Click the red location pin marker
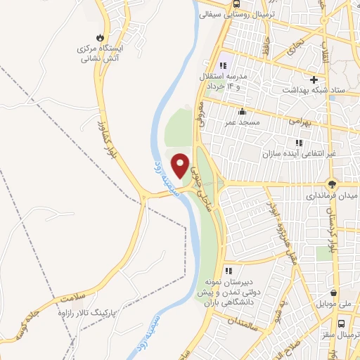[181, 165]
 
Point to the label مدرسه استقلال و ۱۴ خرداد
[227, 80]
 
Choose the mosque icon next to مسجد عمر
[242, 111]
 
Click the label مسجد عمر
[238, 122]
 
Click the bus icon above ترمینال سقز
[341, 324]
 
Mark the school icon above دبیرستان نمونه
[227, 270]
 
